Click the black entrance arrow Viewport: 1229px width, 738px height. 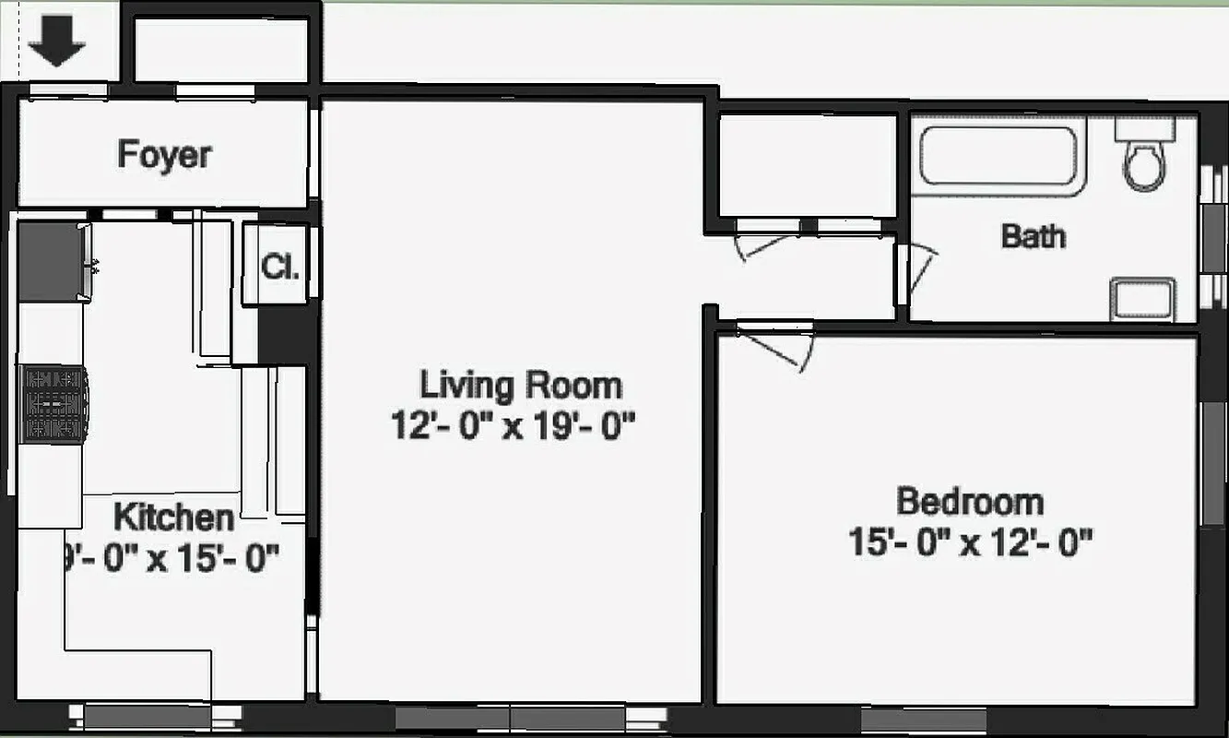pos(56,43)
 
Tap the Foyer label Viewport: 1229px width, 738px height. pos(164,154)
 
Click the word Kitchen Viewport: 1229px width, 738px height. pos(173,518)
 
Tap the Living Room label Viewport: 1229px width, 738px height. pos(521,384)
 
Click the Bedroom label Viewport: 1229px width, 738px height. pos(970,502)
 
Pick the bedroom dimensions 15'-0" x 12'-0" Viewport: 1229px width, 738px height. pos(970,542)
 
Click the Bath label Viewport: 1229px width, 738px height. pos(1034,236)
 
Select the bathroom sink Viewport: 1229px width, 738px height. pos(1143,299)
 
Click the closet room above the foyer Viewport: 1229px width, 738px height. pos(221,50)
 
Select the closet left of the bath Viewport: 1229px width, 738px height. pos(807,165)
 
